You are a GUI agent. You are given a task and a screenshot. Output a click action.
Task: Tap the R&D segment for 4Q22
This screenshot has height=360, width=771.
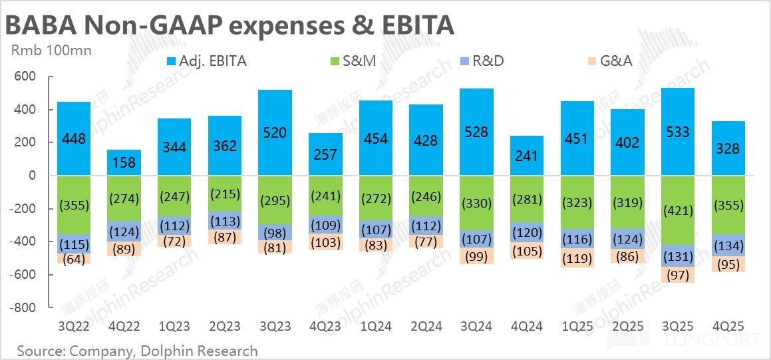[x=124, y=232]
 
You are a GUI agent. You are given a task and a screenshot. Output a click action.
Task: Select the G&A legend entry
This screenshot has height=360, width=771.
[x=607, y=61]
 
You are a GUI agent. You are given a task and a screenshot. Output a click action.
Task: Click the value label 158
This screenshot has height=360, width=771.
[x=124, y=162]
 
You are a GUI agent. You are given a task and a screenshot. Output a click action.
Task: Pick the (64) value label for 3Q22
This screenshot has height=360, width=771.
[x=74, y=259]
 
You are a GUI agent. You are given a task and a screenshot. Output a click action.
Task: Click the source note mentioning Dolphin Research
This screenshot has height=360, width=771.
[x=137, y=350]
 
